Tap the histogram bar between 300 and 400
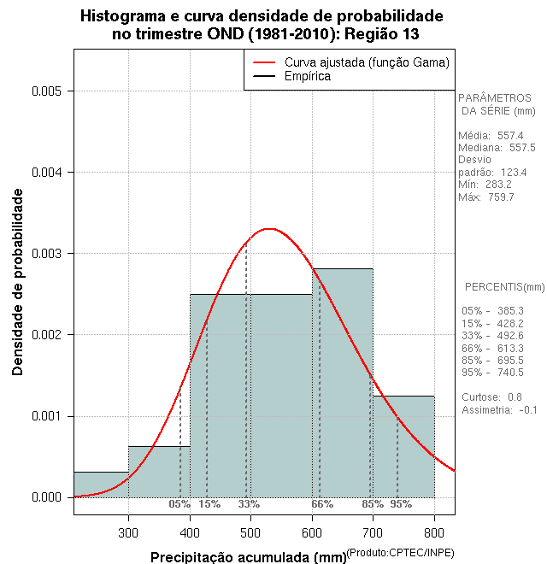[x=159, y=471]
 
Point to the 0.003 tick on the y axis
[x=69, y=254]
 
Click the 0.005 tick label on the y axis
[x=48, y=91]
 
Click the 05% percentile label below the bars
[x=179, y=504]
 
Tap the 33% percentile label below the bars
[x=249, y=504]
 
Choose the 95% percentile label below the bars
[x=401, y=504]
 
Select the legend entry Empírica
[x=308, y=76]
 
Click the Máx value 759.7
[x=501, y=197]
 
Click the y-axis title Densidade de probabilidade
[x=18, y=282]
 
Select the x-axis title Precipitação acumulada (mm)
[x=248, y=557]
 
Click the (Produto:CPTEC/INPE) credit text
[x=400, y=552]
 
